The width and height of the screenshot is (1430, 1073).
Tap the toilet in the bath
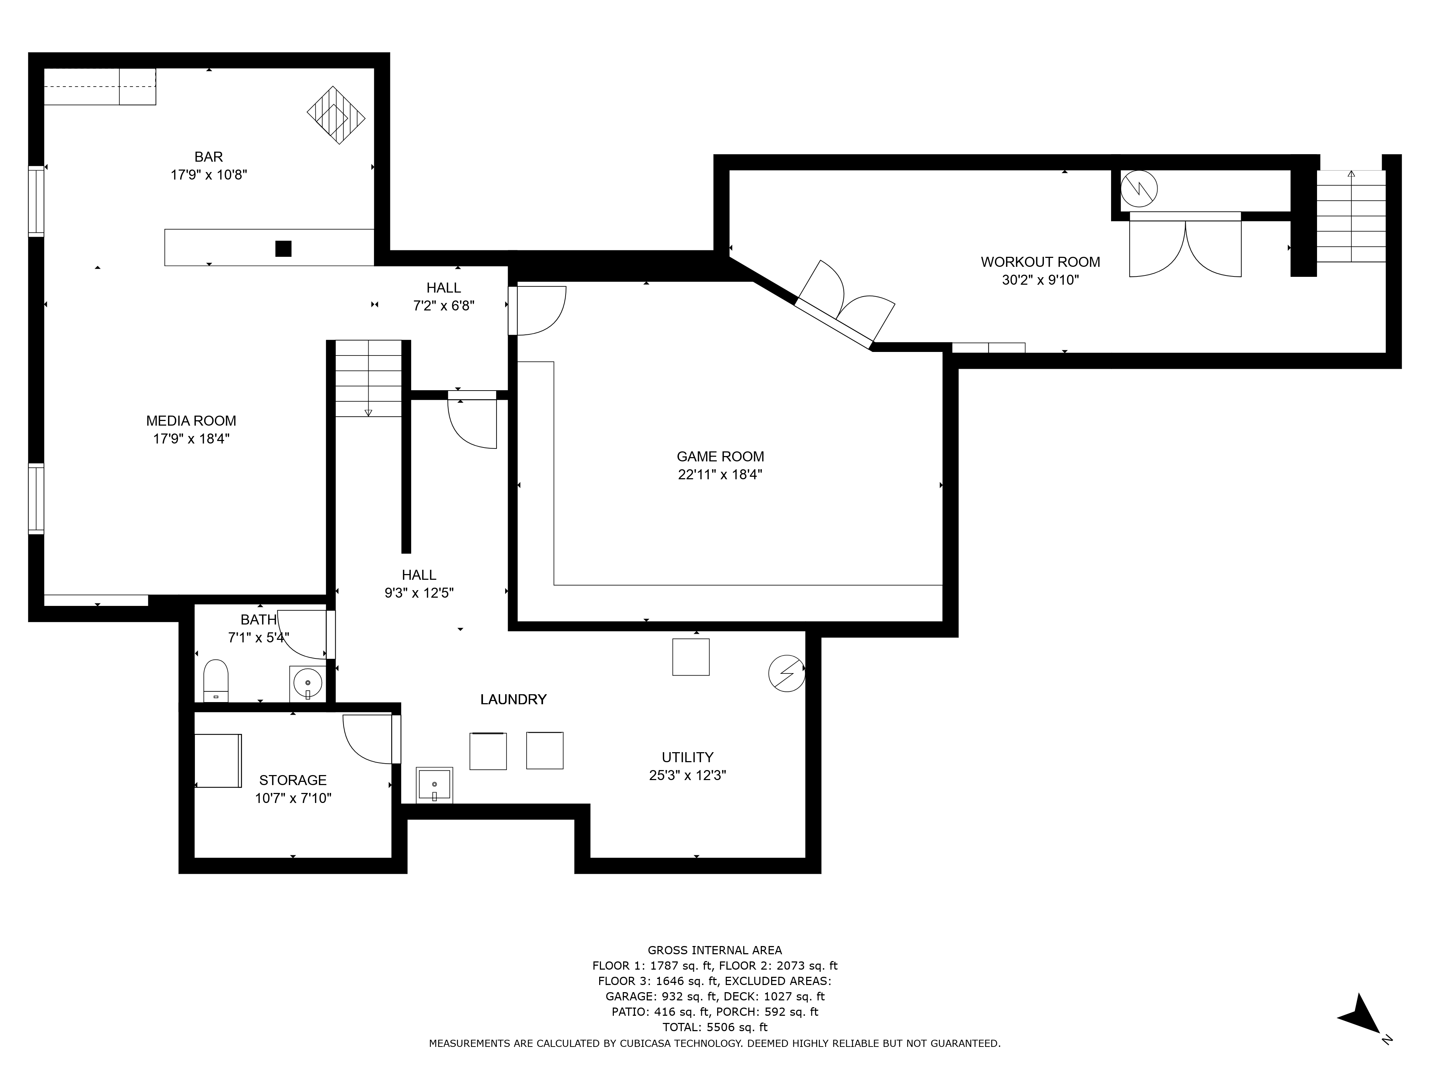tap(216, 680)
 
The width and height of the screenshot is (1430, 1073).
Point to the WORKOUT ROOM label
tap(1040, 262)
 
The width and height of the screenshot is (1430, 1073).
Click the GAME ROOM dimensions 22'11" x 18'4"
tap(720, 475)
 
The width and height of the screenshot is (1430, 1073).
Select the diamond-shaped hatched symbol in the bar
tap(336, 115)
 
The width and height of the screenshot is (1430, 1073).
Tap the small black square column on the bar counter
tap(283, 248)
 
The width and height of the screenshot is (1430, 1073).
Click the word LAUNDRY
tap(513, 699)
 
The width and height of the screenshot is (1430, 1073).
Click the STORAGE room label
tap(293, 780)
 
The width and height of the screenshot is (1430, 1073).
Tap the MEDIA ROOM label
tap(191, 421)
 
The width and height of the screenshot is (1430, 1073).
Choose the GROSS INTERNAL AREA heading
tap(715, 950)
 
